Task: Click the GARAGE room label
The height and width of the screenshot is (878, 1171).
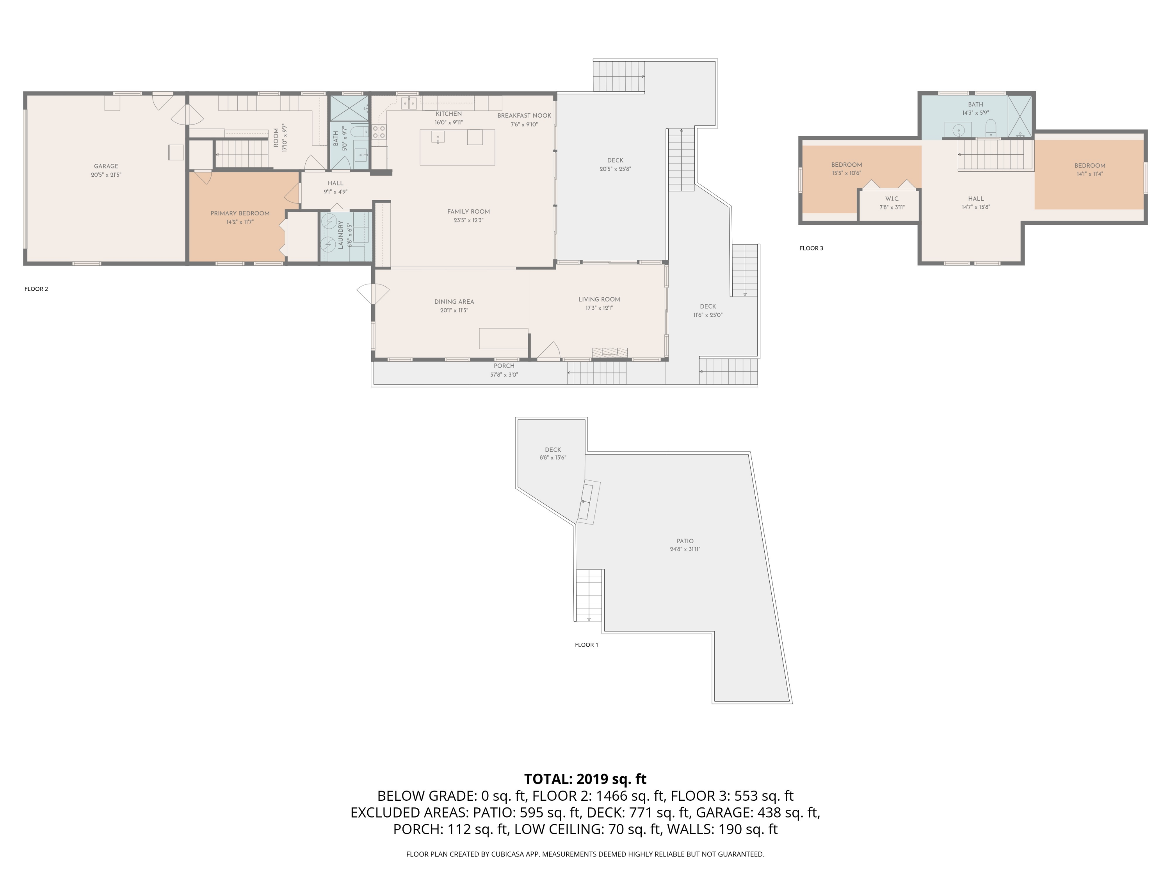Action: coord(106,166)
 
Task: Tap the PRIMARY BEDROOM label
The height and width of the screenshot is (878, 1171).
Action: coord(240,213)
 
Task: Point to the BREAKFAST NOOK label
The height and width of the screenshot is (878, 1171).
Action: coord(524,116)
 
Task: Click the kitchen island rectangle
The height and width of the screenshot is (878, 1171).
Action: coord(457,147)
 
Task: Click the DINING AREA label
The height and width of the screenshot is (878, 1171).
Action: coord(454,302)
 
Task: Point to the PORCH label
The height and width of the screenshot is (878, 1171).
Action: coord(504,366)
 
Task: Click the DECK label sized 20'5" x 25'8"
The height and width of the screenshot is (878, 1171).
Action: coord(615,160)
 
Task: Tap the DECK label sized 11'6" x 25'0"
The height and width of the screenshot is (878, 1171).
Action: coord(707,306)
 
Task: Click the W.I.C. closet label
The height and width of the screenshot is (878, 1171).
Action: coord(892,199)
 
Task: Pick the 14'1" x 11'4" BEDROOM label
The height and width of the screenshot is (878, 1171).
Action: coord(1089,166)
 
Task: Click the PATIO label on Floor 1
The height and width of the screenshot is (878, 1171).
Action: coord(685,541)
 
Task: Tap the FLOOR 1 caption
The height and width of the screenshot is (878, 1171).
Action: coord(586,645)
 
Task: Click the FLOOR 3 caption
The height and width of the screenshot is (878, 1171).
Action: coord(811,248)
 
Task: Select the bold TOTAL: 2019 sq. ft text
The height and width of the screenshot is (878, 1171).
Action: coord(585,779)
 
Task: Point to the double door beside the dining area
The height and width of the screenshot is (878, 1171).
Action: coord(373,293)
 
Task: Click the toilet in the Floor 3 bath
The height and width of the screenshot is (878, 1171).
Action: coord(991,128)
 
